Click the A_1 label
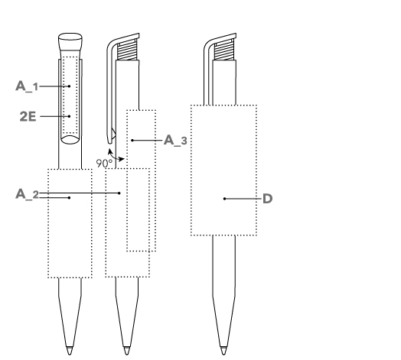pyautogui.click(x=27, y=86)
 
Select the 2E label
pyautogui.click(x=28, y=116)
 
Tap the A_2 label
pyautogui.click(x=27, y=194)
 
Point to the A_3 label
pyautogui.click(x=175, y=141)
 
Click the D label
pyautogui.click(x=268, y=199)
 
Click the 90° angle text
pyautogui.click(x=104, y=164)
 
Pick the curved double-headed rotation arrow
pyautogui.click(x=115, y=156)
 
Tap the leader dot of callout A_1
pyautogui.click(x=69, y=86)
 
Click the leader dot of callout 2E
pyautogui.click(x=69, y=116)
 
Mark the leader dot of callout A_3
pyautogui.click(x=132, y=141)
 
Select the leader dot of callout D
pyautogui.click(x=224, y=199)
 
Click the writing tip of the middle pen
pyautogui.click(x=126, y=351)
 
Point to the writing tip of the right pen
pyautogui.click(x=223, y=351)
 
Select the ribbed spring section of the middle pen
pyautogui.click(x=127, y=50)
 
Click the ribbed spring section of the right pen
pyautogui.click(x=224, y=50)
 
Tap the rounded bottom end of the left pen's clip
pyautogui.click(x=70, y=140)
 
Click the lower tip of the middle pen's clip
pyautogui.click(x=109, y=142)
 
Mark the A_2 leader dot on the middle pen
pyautogui.click(x=119, y=193)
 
